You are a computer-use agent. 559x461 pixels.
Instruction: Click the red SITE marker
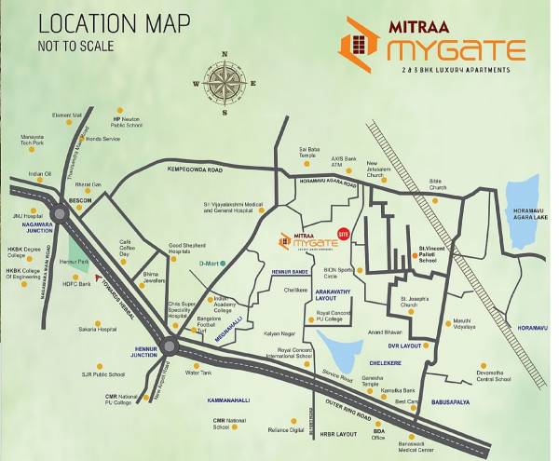[344, 233]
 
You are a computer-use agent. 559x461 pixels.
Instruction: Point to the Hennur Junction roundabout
[169, 346]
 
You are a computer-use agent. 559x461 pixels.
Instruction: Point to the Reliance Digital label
[284, 429]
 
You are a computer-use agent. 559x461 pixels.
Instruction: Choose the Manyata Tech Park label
[33, 140]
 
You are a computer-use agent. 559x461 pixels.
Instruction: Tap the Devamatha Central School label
[493, 376]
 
